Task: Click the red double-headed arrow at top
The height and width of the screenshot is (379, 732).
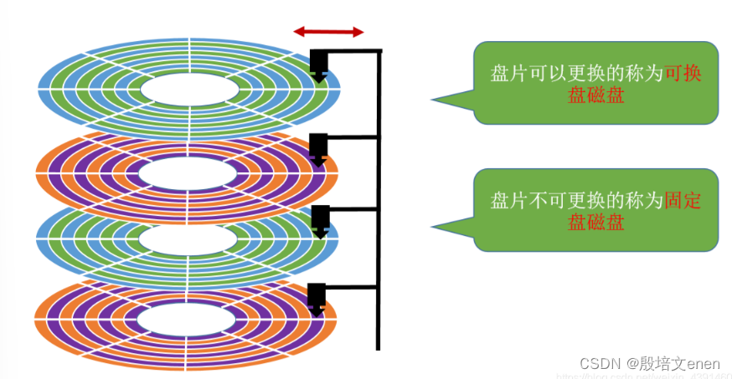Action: coord(328,33)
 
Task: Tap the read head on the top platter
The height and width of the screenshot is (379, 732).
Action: coord(319,64)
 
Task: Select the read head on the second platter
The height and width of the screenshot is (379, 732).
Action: coord(318,148)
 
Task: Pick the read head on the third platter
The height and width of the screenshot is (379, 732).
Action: coord(319,220)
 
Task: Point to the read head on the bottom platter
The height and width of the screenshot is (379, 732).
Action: coord(317,298)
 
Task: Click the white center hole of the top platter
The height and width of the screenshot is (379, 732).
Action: coord(188,88)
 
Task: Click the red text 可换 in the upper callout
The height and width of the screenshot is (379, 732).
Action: coord(683,74)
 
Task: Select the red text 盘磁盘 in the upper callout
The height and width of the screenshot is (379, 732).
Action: coord(595,95)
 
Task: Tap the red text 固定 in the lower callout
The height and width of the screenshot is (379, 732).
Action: coord(683,201)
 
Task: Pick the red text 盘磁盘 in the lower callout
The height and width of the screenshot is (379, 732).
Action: coord(595,222)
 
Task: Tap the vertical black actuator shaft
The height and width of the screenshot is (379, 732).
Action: coord(379,201)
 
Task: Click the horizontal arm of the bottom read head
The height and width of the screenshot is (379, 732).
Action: coord(352,289)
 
